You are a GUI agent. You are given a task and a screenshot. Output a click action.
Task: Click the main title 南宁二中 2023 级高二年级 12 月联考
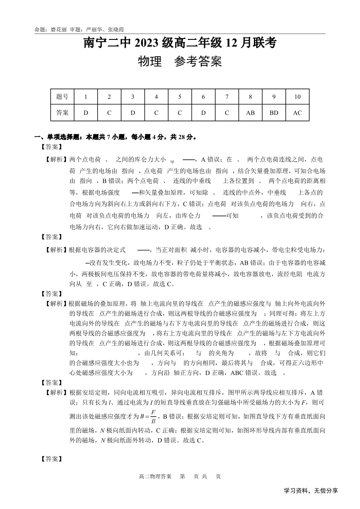180,44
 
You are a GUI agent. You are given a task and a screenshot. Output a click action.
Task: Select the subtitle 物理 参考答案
180,62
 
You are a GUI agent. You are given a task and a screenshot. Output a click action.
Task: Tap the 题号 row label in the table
63,97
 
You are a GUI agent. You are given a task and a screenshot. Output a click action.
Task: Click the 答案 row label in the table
63,113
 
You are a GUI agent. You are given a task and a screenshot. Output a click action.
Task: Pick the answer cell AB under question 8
250,113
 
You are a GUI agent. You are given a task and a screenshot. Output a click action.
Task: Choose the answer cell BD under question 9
274,113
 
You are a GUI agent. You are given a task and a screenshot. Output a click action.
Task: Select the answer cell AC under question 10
297,113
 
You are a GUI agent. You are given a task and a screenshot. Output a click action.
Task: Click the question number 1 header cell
86,97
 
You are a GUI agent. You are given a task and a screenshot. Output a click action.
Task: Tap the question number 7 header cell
227,97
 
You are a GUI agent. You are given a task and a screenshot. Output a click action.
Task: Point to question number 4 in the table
156,97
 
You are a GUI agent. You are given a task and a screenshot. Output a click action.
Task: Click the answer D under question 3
133,113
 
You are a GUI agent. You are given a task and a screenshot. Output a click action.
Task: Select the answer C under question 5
180,113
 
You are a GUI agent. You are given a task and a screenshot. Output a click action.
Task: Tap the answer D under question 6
203,113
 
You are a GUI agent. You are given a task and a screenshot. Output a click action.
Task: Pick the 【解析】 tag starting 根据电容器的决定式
55,250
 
